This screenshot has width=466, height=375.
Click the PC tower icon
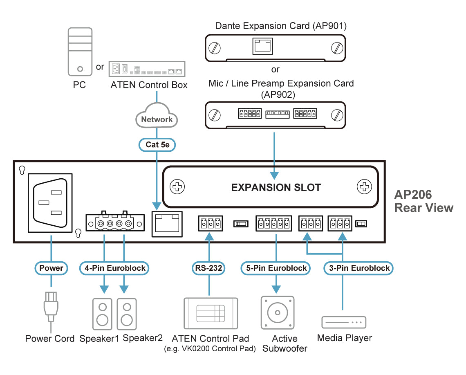tap(80, 52)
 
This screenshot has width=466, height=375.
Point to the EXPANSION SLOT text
tap(276, 187)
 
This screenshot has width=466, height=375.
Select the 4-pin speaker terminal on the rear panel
tap(114, 223)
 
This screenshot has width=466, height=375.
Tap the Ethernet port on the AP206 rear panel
tap(167, 223)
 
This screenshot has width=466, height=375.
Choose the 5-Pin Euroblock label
tap(276, 268)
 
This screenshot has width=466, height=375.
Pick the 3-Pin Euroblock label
tap(359, 268)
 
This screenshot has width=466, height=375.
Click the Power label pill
tap(51, 268)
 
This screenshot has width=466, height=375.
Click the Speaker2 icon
tap(127, 314)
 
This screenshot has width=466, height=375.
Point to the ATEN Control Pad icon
tap(211, 313)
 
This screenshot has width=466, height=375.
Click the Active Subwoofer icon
tap(278, 313)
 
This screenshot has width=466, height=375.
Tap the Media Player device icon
tap(343, 322)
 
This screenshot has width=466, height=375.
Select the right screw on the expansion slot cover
tap(364, 187)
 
